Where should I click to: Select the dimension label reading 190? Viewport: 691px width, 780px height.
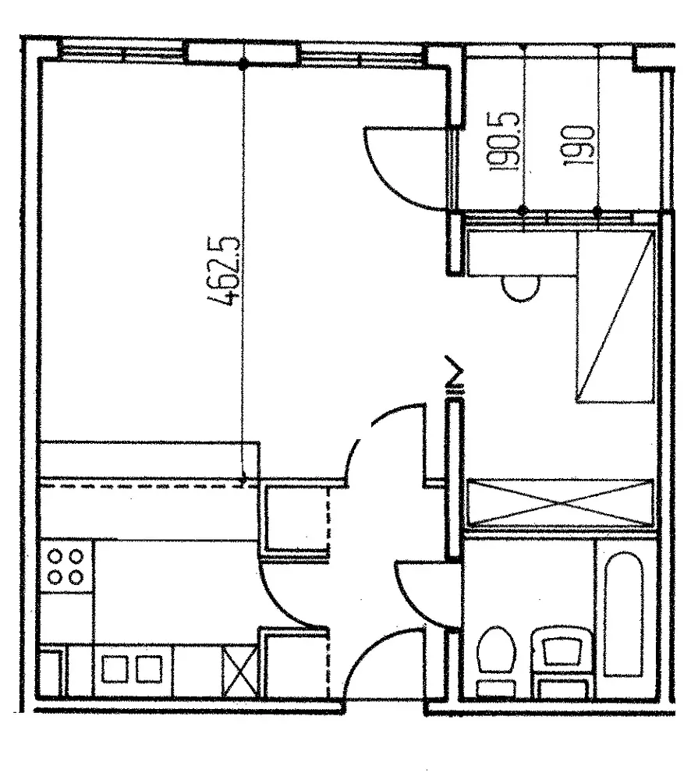pyautogui.click(x=581, y=146)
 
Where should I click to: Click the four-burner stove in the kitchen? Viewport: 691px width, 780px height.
pyautogui.click(x=66, y=567)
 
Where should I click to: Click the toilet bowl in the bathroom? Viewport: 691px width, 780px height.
pyautogui.click(x=495, y=659)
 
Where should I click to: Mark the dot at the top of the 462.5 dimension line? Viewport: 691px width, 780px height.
pyautogui.click(x=244, y=64)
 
